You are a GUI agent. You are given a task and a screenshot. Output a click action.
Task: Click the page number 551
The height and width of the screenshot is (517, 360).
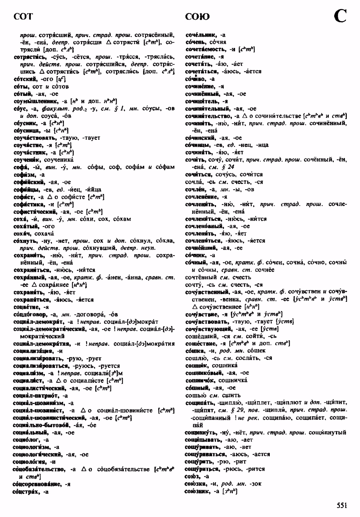pos(342,505)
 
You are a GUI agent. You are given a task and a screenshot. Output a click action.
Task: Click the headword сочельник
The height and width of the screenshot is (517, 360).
pos(201,35)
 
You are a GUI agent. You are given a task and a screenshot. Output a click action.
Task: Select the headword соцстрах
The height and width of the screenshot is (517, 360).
pos(26,491)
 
